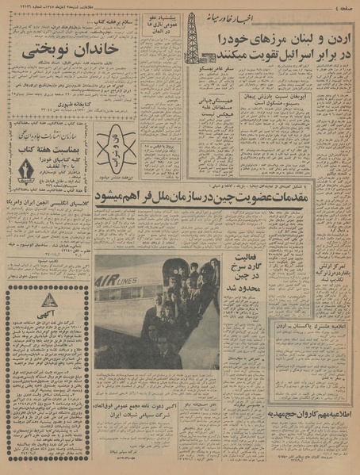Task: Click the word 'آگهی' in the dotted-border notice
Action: pos(48,311)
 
